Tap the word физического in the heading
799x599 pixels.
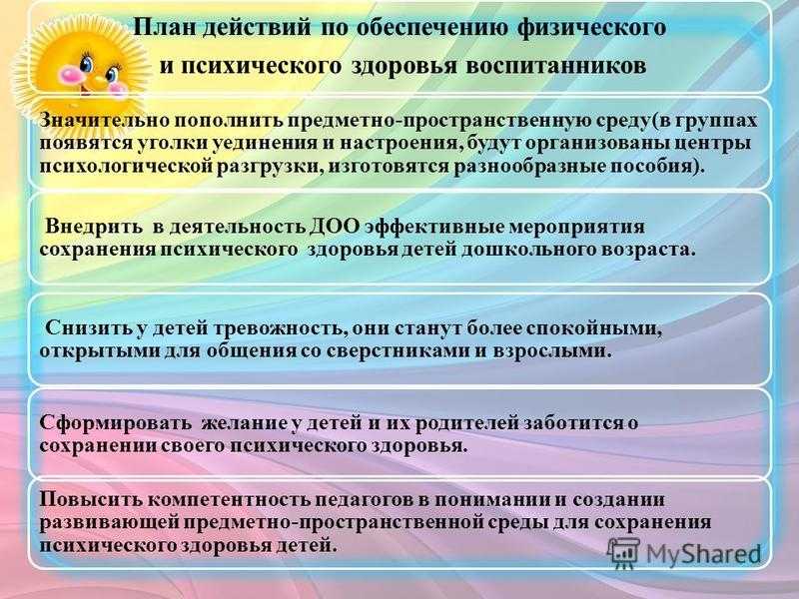(x=591, y=29)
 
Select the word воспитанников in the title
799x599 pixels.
(x=556, y=66)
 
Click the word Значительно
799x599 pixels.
(x=105, y=121)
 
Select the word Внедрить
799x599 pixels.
(x=94, y=227)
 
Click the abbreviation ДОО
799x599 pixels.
(x=335, y=227)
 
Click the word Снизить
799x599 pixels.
(x=88, y=328)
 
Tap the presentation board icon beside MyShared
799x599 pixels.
(x=623, y=552)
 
